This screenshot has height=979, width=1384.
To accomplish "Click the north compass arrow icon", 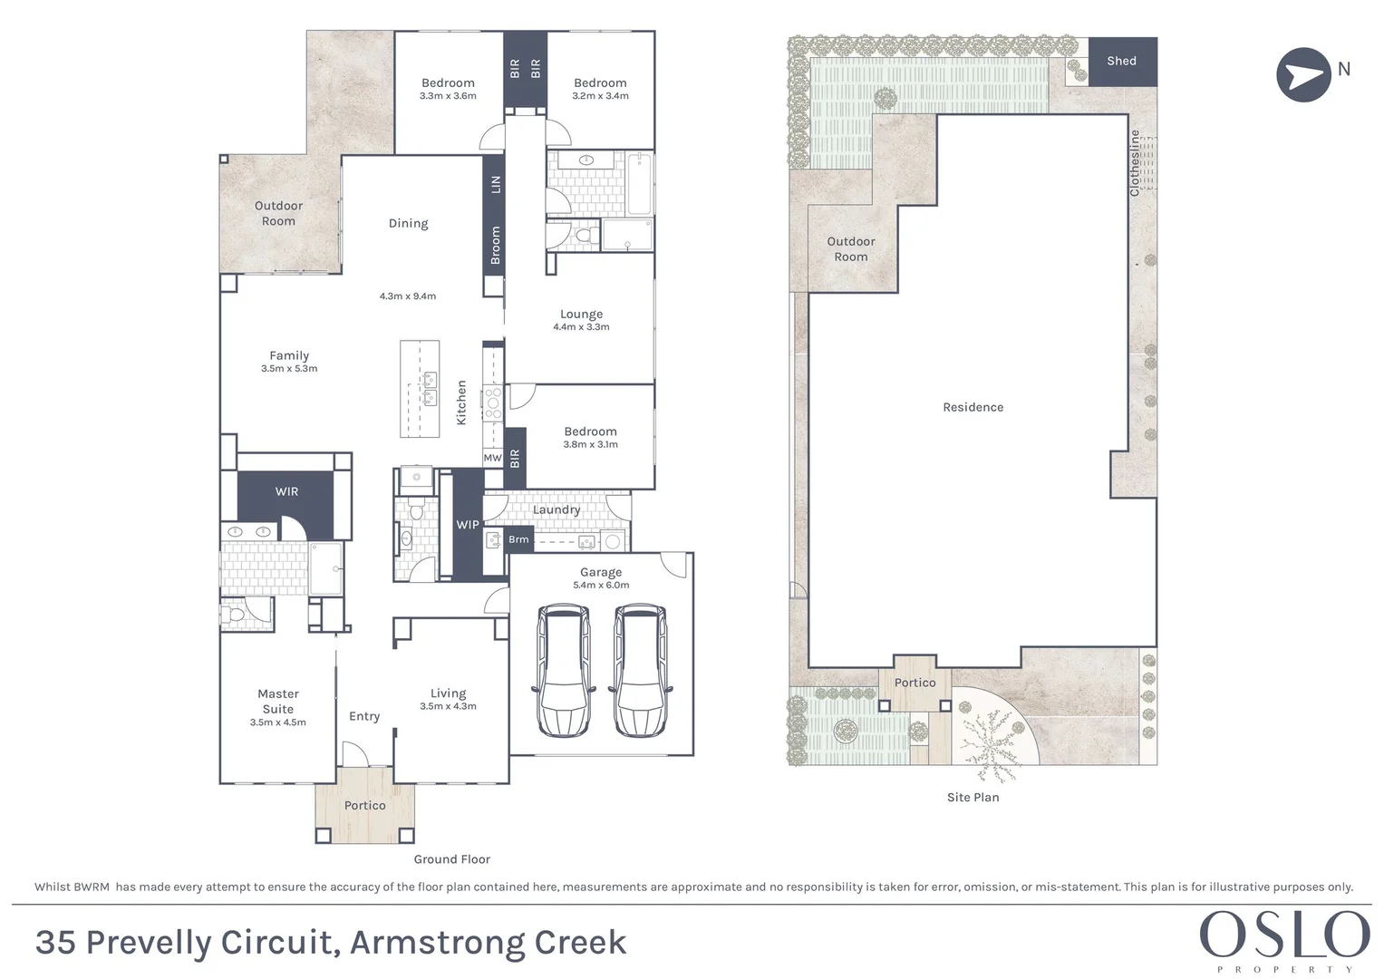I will pyautogui.click(x=1303, y=74).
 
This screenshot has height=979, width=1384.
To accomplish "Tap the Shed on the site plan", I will pyautogui.click(x=1121, y=61).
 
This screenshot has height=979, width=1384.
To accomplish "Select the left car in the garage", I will pyautogui.click(x=563, y=670).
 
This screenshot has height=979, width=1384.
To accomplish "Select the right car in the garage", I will pyautogui.click(x=640, y=670).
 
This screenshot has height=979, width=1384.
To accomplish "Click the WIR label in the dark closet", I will pyautogui.click(x=286, y=491).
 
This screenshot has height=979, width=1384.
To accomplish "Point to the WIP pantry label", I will pyautogui.click(x=468, y=525).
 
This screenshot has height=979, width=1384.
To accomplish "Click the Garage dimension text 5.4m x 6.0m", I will pyautogui.click(x=601, y=586).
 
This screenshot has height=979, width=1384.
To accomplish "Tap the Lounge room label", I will pyautogui.click(x=581, y=314).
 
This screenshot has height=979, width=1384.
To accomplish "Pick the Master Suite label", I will pyautogui.click(x=278, y=701).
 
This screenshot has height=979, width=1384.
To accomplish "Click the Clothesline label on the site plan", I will pyautogui.click(x=1134, y=163).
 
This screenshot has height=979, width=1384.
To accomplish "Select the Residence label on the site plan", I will pyautogui.click(x=973, y=407).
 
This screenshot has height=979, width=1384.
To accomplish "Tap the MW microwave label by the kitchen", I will pyautogui.click(x=492, y=458).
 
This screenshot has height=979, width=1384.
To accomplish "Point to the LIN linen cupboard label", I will pyautogui.click(x=495, y=184).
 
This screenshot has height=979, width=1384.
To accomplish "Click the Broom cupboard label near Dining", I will pyautogui.click(x=495, y=246).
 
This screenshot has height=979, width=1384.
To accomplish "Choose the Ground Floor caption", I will pyautogui.click(x=451, y=858).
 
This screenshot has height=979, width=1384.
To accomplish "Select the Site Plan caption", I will pyautogui.click(x=973, y=797).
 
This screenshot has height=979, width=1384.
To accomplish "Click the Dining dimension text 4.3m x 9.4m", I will pyautogui.click(x=408, y=296).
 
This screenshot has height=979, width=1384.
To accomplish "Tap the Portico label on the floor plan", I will pyautogui.click(x=364, y=805).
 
